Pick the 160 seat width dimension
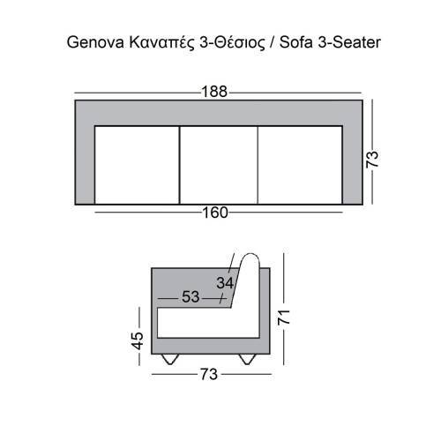point(214,213)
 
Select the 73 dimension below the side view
point(208,374)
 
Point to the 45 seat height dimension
point(138,340)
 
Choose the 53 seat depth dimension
point(191,297)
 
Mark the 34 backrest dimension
point(226,283)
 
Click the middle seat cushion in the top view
point(219,164)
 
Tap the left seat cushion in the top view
point(137,164)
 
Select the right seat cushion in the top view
point(299,164)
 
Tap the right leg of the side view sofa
point(248,357)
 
